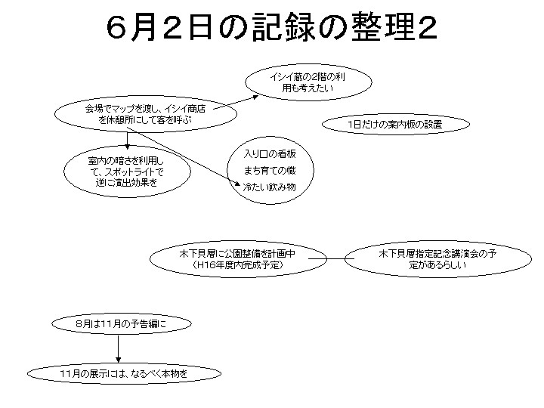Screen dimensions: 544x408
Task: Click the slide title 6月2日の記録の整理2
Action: point(272,27)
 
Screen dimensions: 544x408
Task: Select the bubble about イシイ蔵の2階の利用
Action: point(308,82)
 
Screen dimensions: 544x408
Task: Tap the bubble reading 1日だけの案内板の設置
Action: point(396,124)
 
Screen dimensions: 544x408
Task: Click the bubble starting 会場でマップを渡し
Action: point(146,114)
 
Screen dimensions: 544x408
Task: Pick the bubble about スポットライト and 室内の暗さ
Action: point(128,172)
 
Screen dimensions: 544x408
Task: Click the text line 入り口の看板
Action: point(270,153)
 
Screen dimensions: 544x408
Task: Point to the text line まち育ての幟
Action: point(270,170)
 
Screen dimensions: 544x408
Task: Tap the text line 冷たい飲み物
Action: point(270,187)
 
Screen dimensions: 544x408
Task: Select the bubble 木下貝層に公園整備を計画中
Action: point(238,259)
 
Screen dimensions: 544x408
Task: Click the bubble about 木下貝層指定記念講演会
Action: point(437,259)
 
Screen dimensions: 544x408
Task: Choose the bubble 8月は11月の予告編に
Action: point(122,323)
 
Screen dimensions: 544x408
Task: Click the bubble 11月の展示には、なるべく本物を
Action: point(124,374)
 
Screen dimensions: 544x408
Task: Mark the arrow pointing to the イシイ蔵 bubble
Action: point(236,103)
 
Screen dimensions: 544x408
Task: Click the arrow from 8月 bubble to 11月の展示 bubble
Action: point(119,348)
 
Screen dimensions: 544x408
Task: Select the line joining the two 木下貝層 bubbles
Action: point(332,259)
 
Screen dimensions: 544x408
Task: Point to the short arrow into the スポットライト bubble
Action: point(128,141)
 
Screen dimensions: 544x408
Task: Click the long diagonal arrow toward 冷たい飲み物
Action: point(184,157)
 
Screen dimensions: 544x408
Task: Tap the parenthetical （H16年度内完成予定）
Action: point(238,265)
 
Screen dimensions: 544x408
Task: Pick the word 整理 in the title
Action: point(382,27)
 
